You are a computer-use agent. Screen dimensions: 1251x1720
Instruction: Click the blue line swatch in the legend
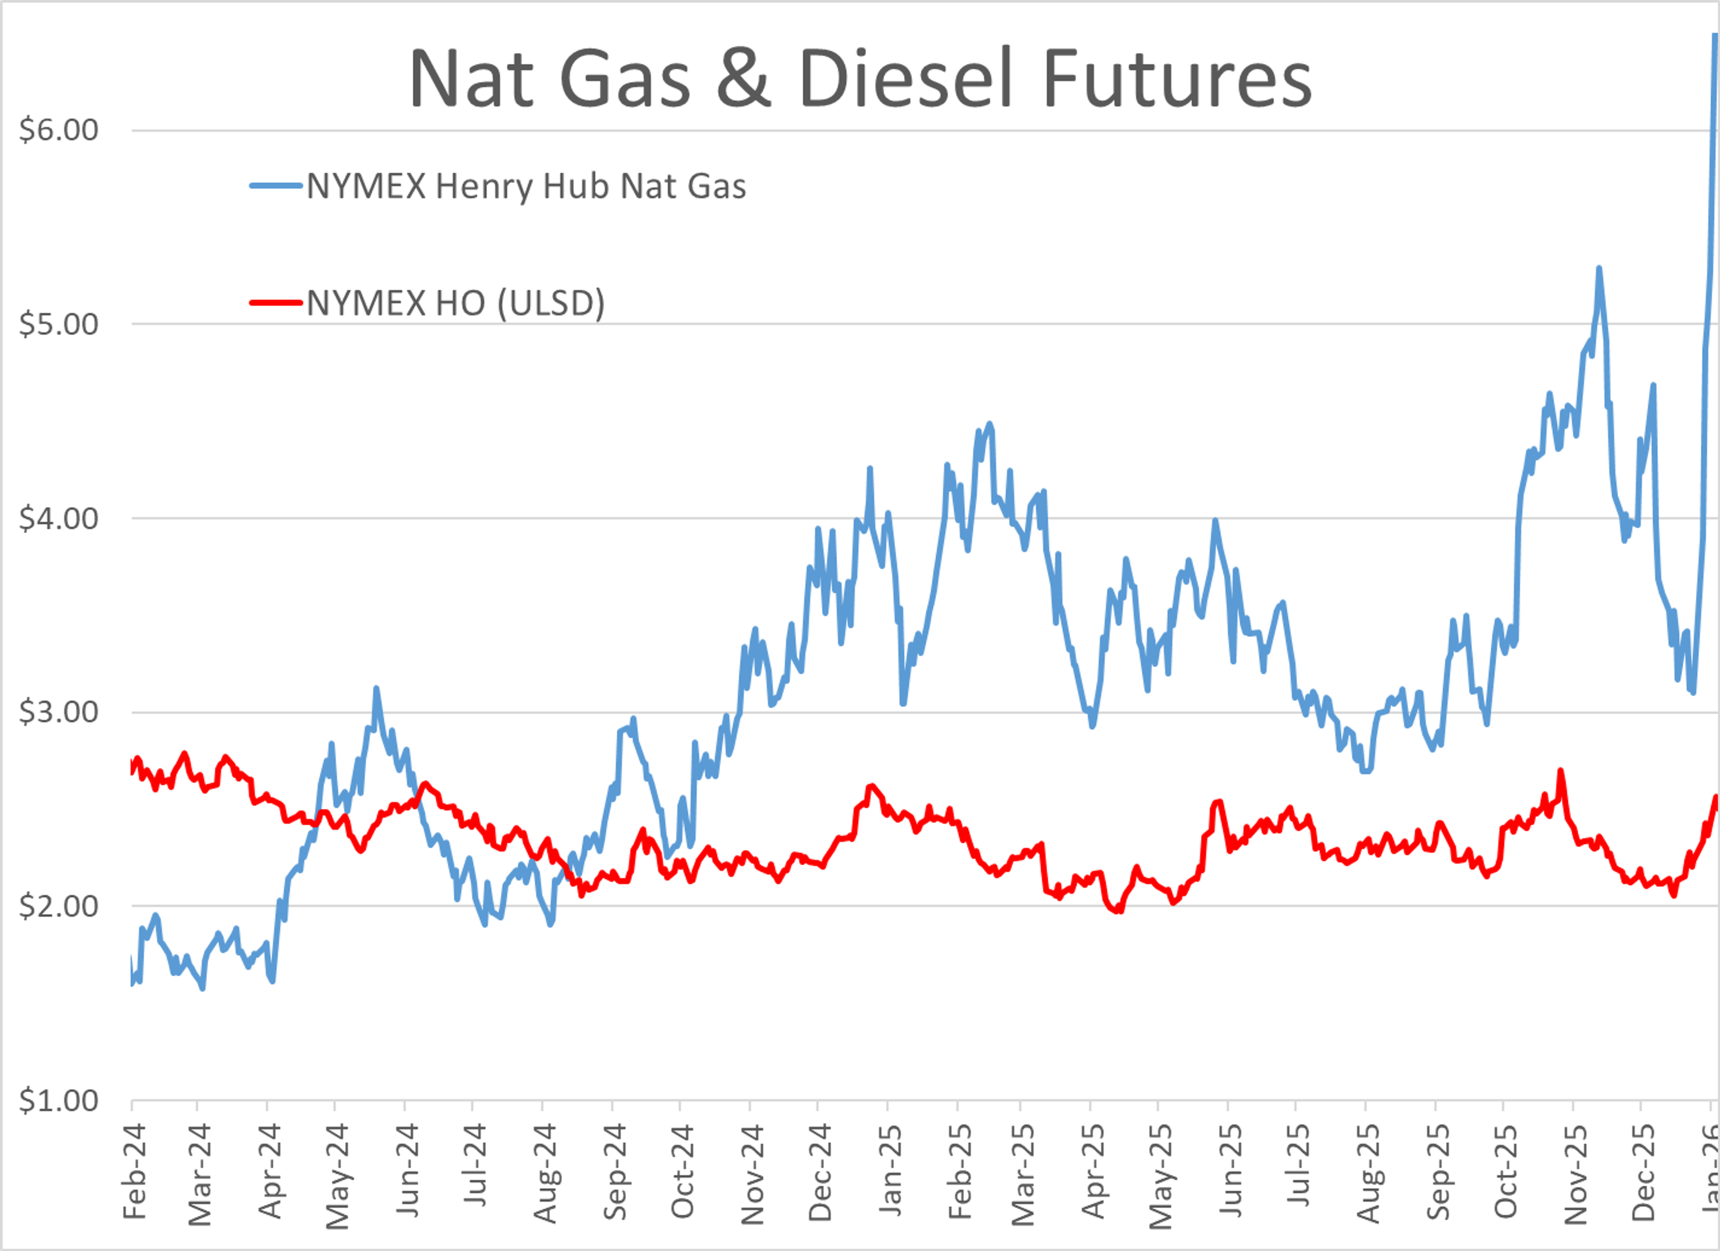(x=277, y=186)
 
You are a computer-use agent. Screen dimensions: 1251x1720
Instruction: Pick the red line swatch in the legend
(x=277, y=303)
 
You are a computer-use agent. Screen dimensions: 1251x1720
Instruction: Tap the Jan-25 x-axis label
(x=890, y=1172)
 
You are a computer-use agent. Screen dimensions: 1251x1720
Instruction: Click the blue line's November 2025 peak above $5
(x=1599, y=268)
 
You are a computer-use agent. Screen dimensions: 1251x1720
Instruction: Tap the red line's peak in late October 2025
(x=1560, y=771)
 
